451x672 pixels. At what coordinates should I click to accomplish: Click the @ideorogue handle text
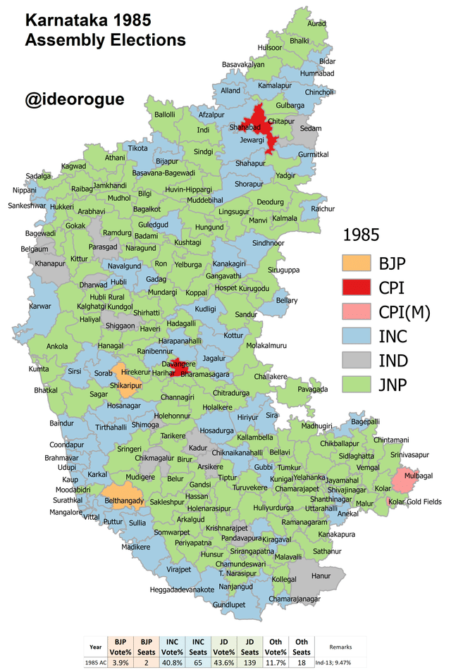pos(75,99)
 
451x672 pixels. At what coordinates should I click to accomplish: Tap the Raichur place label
pos(323,209)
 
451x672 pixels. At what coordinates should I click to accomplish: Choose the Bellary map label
pos(287,301)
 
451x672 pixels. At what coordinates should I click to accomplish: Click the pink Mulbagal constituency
pos(404,481)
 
